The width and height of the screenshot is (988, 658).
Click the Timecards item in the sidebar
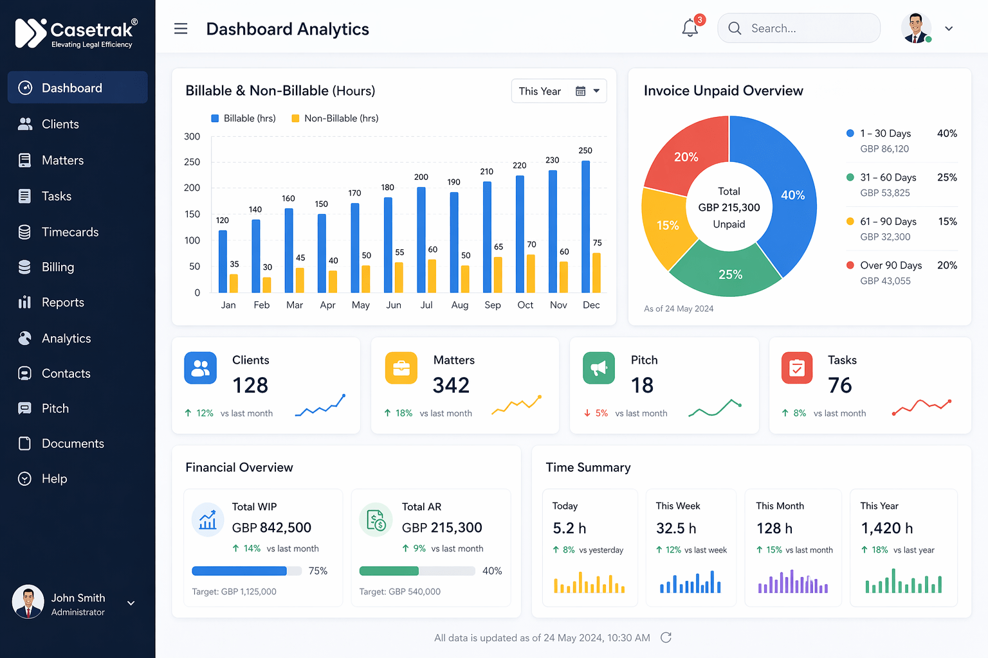pos(69,232)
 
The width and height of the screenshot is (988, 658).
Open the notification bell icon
pos(690,28)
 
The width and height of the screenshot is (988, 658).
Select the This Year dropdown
pos(558,91)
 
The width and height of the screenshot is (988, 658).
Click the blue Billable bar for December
pos(585,226)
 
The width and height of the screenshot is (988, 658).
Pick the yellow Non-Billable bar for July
pos(432,276)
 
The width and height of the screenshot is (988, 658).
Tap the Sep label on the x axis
pos(493,305)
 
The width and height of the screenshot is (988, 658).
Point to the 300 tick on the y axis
pos(192,137)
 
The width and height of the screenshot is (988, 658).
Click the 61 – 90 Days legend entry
pos(888,222)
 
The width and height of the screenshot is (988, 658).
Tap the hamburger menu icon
pos(181,29)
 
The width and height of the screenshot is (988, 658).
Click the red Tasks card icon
pos(797,368)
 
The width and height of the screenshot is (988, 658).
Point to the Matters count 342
pos(451,386)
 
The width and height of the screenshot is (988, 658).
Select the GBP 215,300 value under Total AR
pos(442,528)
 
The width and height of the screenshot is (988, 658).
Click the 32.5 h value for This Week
pos(676,528)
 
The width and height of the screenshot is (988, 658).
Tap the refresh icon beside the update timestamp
pos(666,637)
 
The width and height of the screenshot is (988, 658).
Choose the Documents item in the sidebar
pos(72,443)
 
